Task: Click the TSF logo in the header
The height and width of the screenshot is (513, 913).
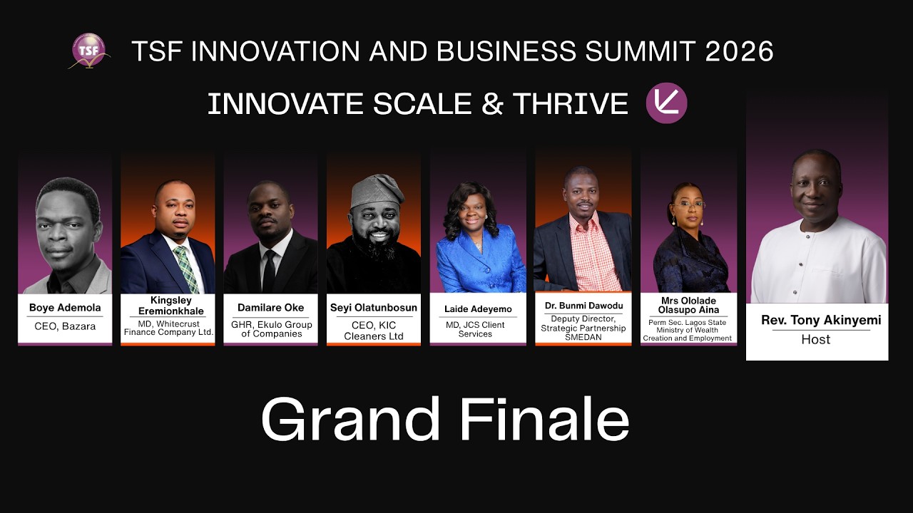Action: pyautogui.click(x=88, y=51)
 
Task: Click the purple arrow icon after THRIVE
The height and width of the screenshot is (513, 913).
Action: pyautogui.click(x=666, y=103)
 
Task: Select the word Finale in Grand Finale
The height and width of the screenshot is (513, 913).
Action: pyautogui.click(x=544, y=420)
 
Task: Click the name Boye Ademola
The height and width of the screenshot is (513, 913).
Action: pyautogui.click(x=65, y=308)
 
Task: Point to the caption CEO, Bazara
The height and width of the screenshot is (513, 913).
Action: pyautogui.click(x=65, y=326)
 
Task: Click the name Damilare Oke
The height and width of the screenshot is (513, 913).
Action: pyautogui.click(x=270, y=308)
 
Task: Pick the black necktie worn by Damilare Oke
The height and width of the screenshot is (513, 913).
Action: pyautogui.click(x=269, y=269)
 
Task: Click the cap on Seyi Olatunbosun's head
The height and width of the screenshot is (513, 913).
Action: pyautogui.click(x=377, y=188)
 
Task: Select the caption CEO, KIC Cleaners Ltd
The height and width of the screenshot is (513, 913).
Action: pyautogui.click(x=373, y=331)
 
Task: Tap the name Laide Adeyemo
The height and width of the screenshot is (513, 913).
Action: pyautogui.click(x=478, y=309)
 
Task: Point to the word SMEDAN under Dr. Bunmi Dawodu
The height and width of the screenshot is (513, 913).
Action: pyautogui.click(x=583, y=337)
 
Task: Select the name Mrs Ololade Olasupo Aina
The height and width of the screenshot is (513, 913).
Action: pyautogui.click(x=688, y=306)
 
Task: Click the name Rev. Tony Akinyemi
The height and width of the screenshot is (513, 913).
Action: pyautogui.click(x=820, y=320)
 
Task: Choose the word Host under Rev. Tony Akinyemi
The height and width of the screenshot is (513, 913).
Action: pyautogui.click(x=815, y=340)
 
